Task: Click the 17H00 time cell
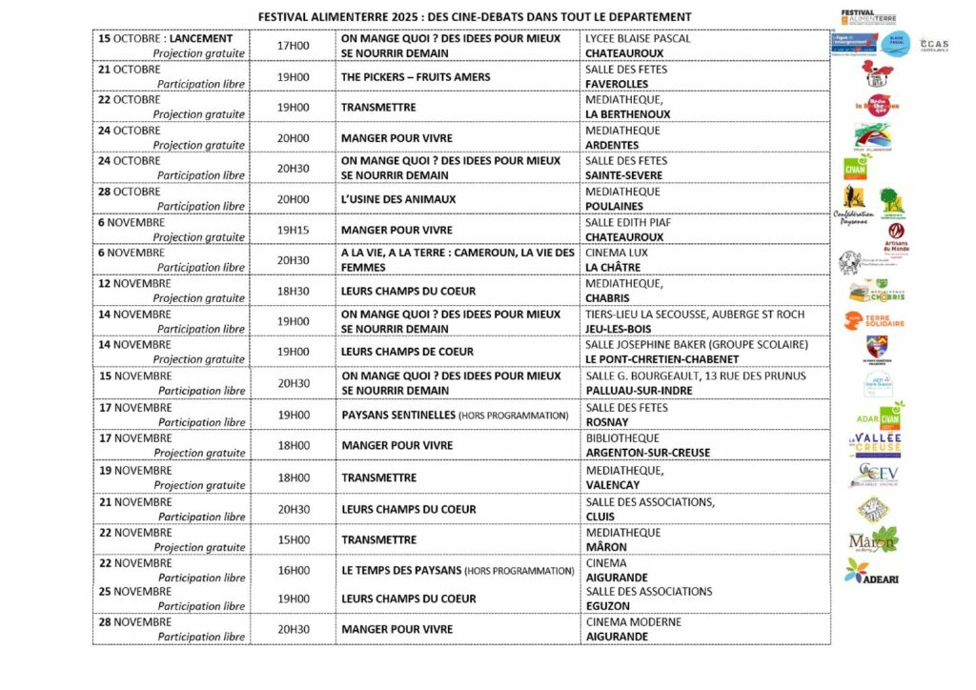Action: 293,46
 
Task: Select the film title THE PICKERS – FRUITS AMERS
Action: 416,77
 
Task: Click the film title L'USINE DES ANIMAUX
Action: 398,199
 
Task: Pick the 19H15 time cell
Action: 293,230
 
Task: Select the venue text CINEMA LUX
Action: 616,253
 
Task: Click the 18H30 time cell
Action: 293,291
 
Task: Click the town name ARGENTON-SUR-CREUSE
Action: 647,453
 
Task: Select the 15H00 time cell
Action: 293,539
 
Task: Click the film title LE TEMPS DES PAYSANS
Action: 401,571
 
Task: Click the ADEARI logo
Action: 872,572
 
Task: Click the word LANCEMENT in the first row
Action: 201,39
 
